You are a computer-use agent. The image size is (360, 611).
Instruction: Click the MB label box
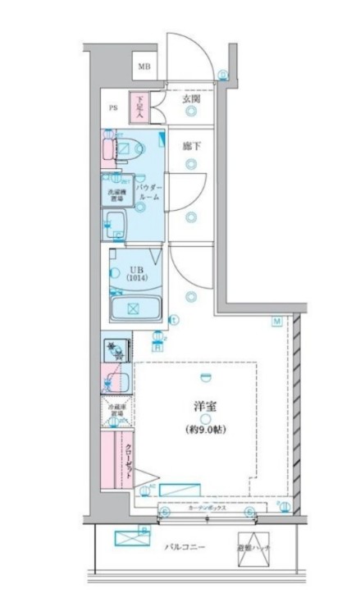[x=144, y=66]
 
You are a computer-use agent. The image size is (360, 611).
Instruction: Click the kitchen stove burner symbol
[x=117, y=351]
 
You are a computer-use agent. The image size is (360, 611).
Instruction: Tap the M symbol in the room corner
[x=277, y=321]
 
